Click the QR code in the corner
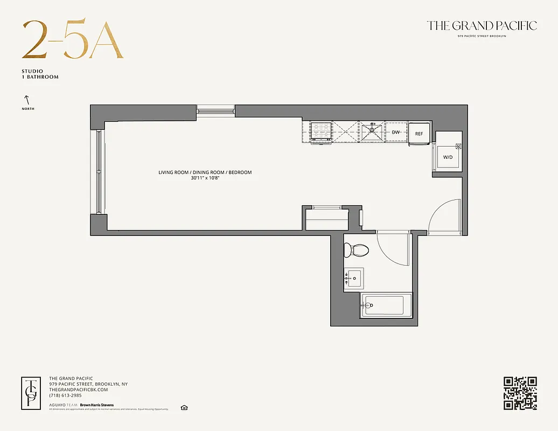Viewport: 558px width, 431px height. pyautogui.click(x=520, y=393)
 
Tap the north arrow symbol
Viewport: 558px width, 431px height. pyautogui.click(x=26, y=100)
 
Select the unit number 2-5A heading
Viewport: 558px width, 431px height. pyautogui.click(x=73, y=40)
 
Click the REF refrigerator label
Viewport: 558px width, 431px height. pyautogui.click(x=419, y=134)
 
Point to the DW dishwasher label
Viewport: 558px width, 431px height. pyautogui.click(x=396, y=132)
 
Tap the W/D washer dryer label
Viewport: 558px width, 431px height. pyautogui.click(x=448, y=157)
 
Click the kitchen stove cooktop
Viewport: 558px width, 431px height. pyautogui.click(x=322, y=131)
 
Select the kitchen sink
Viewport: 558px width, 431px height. pyautogui.click(x=372, y=130)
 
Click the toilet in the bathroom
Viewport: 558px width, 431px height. pyautogui.click(x=357, y=250)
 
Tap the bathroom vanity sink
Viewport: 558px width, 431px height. pyautogui.click(x=353, y=279)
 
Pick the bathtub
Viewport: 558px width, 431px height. pyautogui.click(x=385, y=305)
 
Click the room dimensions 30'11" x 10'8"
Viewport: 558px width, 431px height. pyautogui.click(x=205, y=178)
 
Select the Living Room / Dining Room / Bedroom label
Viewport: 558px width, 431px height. pyautogui.click(x=205, y=172)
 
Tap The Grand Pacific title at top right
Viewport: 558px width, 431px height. pyautogui.click(x=482, y=26)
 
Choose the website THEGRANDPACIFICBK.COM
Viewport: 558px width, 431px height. pyautogui.click(x=79, y=390)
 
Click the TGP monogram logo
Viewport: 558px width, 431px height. pyautogui.click(x=32, y=393)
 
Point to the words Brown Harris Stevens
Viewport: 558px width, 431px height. pyautogui.click(x=97, y=405)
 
